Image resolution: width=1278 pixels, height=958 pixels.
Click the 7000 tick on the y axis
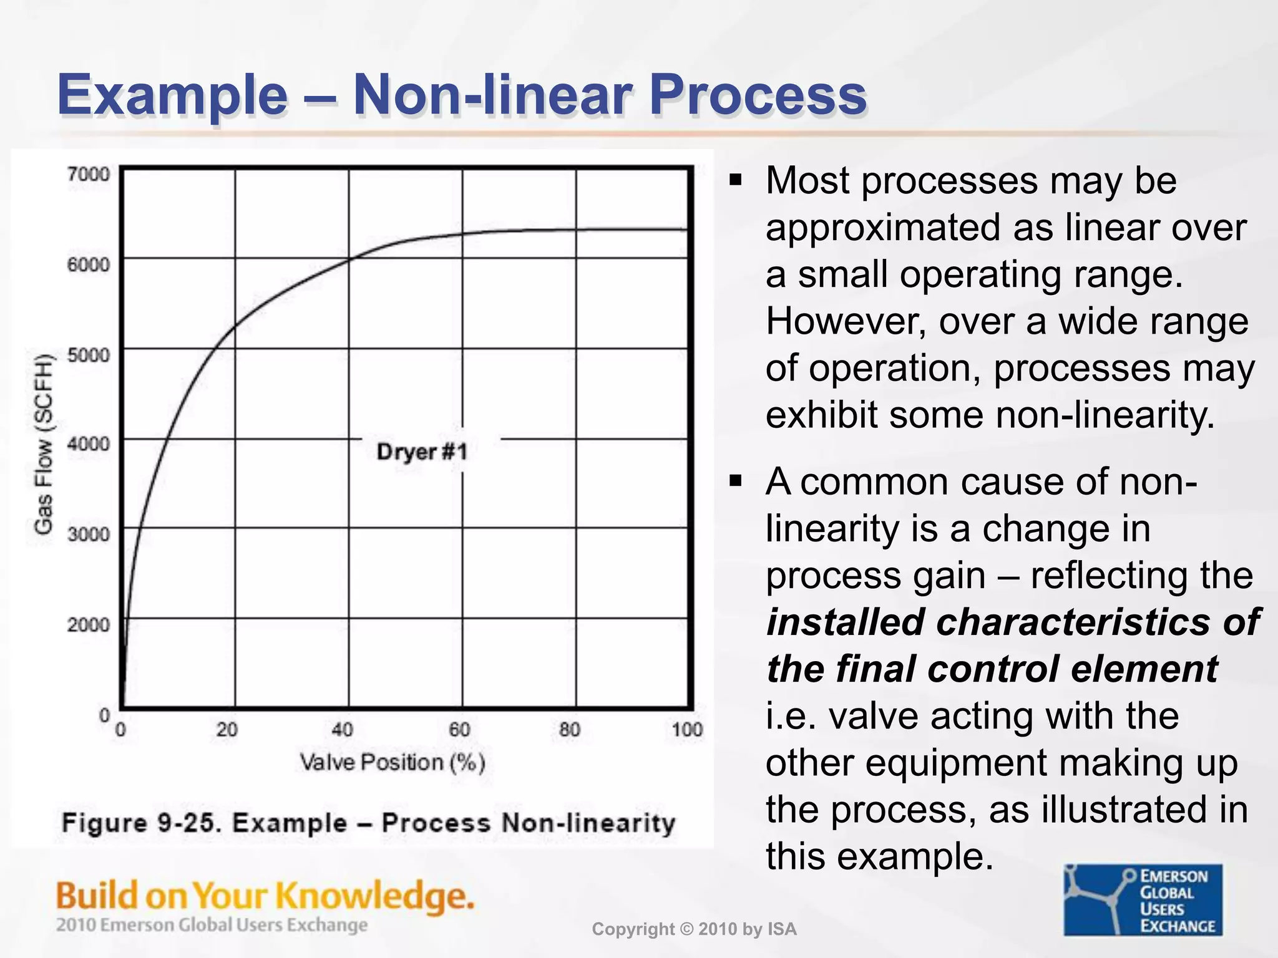(x=88, y=173)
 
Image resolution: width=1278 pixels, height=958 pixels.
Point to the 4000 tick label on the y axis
(x=88, y=444)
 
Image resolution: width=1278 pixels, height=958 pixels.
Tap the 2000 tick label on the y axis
(x=88, y=624)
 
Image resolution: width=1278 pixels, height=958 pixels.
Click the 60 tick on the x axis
(x=460, y=729)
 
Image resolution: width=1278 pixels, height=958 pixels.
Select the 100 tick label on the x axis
(x=687, y=729)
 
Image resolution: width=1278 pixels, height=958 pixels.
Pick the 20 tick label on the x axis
(x=227, y=729)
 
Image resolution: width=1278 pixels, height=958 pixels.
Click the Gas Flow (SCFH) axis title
(x=43, y=443)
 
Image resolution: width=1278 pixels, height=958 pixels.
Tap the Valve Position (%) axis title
(x=393, y=762)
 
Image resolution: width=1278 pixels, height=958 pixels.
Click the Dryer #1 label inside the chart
(x=422, y=452)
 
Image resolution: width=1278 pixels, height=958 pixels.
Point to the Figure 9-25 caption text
(x=368, y=823)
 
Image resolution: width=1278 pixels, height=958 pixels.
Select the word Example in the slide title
(x=172, y=95)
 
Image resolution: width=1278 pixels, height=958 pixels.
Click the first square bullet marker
(x=736, y=181)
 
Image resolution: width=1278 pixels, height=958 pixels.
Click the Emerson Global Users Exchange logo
(x=1143, y=900)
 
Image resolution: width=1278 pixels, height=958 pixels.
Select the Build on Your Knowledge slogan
(x=265, y=896)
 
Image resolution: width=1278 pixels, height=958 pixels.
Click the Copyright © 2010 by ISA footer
(x=694, y=929)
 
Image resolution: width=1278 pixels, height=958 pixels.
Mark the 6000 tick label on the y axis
(x=88, y=264)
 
